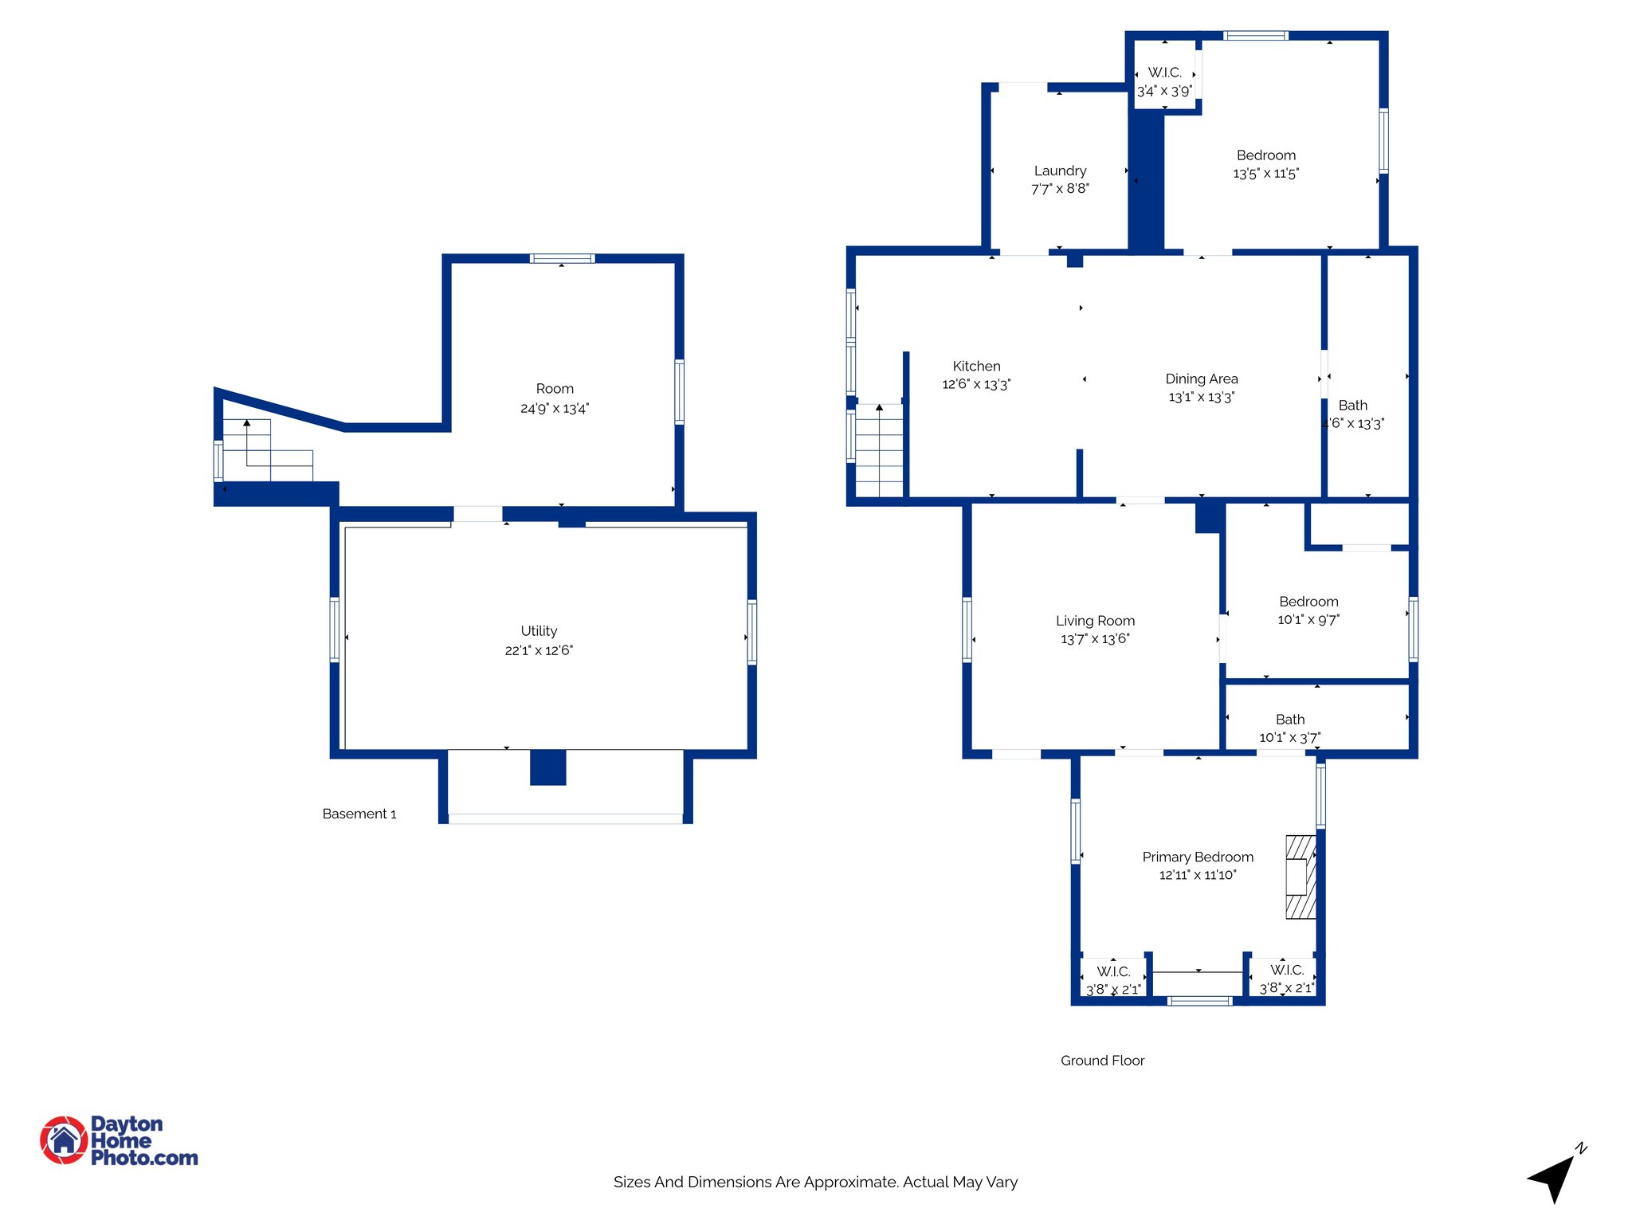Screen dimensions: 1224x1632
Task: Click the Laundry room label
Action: coord(1060,171)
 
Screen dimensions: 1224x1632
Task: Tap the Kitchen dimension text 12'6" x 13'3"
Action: coord(976,384)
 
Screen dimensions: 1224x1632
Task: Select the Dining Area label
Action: coord(1201,379)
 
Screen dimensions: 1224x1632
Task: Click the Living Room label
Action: coord(1095,621)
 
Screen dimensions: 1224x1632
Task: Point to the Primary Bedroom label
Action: coord(1197,857)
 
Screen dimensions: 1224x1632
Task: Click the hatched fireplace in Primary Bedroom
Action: coord(1300,877)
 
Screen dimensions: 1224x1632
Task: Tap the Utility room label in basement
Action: coord(539,630)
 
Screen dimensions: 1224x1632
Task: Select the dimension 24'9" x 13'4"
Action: coord(555,408)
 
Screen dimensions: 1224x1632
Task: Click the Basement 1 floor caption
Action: coord(359,814)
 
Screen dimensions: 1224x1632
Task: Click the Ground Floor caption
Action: coord(1102,1060)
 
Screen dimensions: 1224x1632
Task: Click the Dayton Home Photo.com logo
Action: coord(119,1140)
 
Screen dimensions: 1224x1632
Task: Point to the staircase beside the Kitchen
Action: coord(879,450)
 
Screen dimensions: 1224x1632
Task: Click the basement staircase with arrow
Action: coord(266,451)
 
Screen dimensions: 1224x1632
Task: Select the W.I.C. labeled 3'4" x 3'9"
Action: coord(1164,81)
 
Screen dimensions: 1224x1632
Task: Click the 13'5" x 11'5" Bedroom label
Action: coord(1265,155)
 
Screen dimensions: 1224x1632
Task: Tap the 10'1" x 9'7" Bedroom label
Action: coord(1308,602)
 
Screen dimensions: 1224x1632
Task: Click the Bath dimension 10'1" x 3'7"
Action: coord(1289,738)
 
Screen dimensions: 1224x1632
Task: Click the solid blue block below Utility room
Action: coord(548,767)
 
